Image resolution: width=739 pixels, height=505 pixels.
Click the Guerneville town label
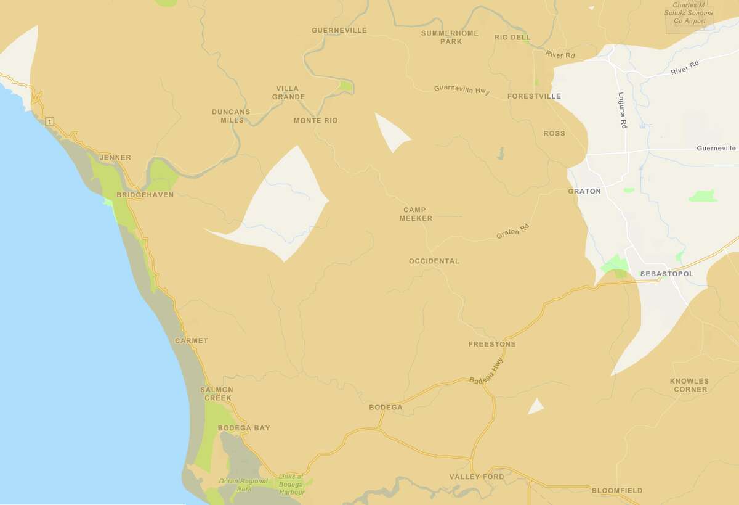click(339, 30)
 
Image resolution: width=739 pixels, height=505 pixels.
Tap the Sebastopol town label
click(666, 274)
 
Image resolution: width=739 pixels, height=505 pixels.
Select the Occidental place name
click(434, 261)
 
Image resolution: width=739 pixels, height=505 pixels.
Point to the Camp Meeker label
click(416, 214)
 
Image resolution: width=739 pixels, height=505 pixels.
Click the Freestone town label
click(491, 344)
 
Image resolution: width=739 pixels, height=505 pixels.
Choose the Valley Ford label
click(476, 477)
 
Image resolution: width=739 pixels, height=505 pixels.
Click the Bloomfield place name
click(616, 491)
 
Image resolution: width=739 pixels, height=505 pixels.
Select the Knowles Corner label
click(689, 385)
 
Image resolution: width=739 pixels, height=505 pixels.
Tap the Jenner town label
click(115, 158)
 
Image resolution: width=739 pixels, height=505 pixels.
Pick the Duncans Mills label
click(231, 116)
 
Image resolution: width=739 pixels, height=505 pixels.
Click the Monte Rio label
click(315, 121)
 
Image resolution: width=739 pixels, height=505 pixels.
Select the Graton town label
click(584, 191)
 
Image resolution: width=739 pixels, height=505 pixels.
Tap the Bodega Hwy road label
click(486, 372)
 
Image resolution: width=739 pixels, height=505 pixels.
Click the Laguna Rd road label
click(621, 110)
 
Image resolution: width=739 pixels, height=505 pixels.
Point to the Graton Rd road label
click(512, 232)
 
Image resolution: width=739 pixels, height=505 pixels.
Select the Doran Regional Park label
click(243, 485)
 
